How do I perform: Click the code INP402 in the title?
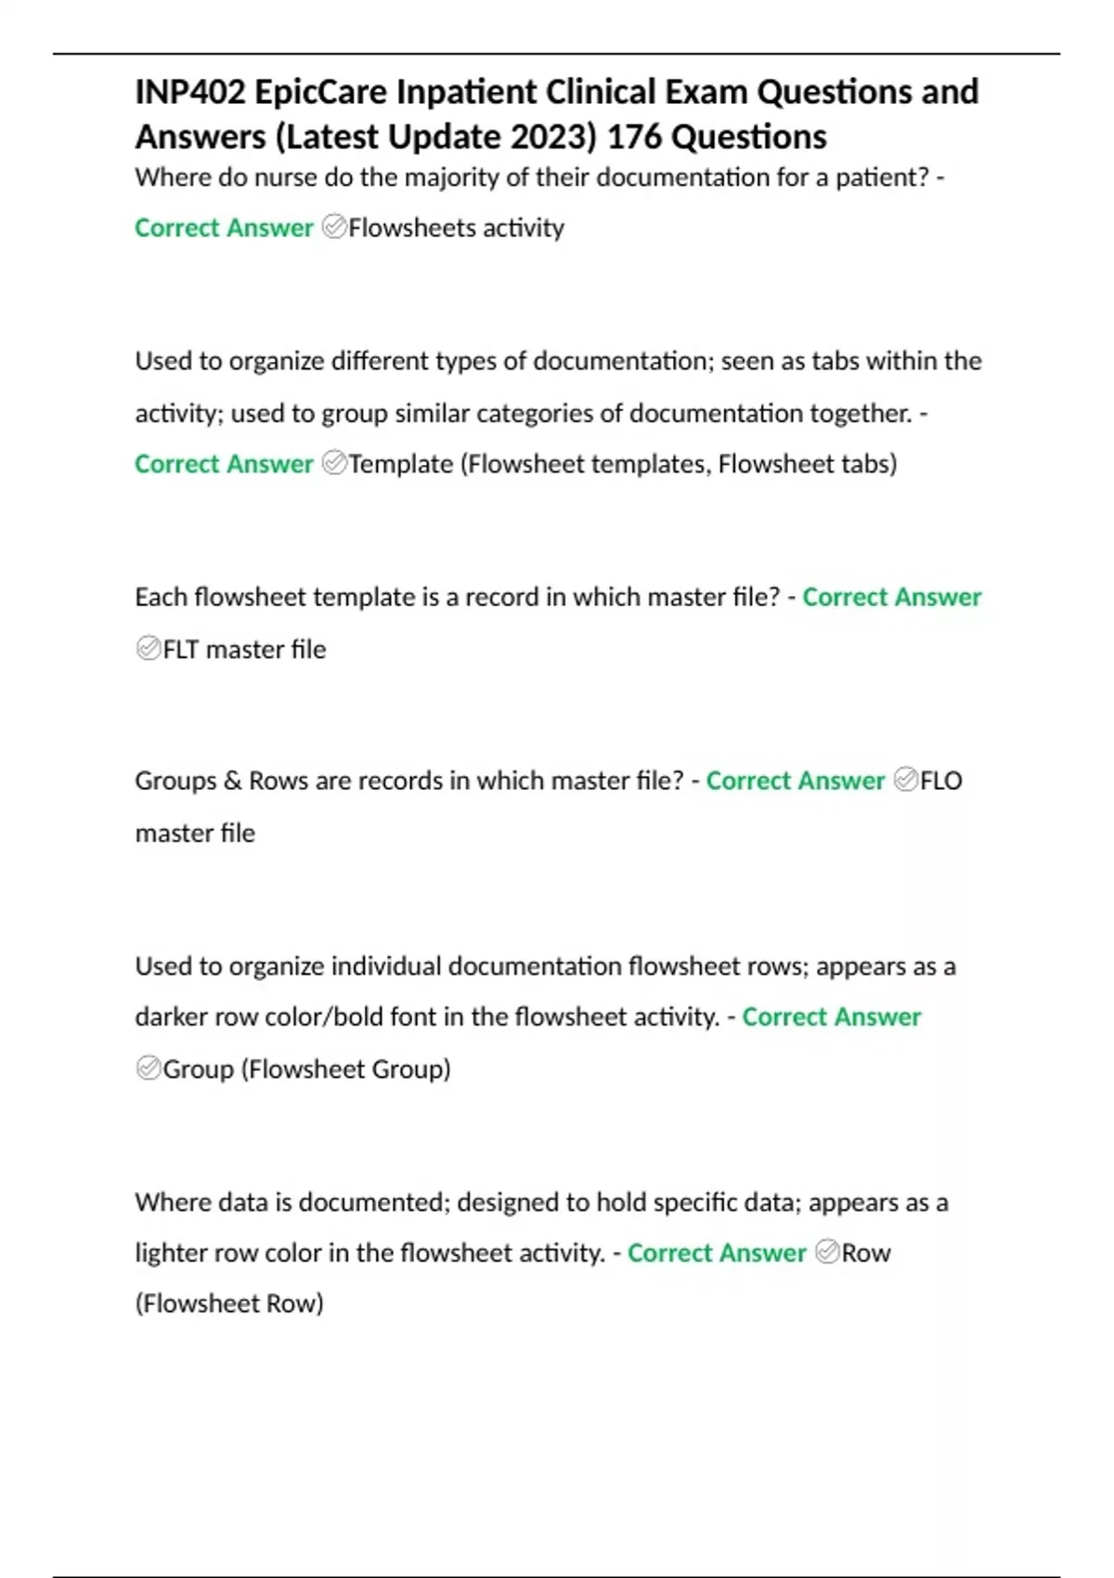click(190, 93)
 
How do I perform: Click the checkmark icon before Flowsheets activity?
click(334, 227)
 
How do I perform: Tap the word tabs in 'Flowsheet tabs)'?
click(863, 464)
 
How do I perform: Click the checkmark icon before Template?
click(334, 463)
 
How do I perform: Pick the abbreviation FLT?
click(181, 650)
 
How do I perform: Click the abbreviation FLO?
click(941, 781)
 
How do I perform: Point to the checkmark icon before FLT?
click(149, 649)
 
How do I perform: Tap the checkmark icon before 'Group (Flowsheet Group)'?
click(149, 1068)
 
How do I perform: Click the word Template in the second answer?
click(401, 464)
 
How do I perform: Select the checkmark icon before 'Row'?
click(827, 1252)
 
